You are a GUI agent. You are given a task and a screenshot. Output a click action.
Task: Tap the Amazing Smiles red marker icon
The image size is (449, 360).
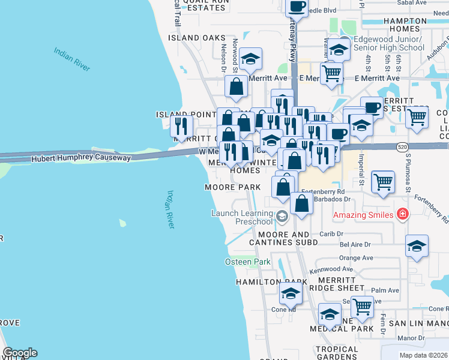click(x=403, y=214)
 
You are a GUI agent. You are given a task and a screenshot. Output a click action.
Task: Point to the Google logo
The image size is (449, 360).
click(x=20, y=353)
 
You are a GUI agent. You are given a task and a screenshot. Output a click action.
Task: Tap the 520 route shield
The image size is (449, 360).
click(x=403, y=146)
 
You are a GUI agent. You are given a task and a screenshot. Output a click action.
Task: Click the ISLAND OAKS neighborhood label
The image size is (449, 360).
click(x=196, y=38)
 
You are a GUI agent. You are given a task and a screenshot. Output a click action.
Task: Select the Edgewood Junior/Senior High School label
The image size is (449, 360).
click(x=389, y=43)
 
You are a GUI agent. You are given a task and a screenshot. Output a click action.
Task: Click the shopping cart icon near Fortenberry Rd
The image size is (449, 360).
click(x=383, y=181)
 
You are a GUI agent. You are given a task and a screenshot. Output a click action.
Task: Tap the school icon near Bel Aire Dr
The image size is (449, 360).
click(x=417, y=246)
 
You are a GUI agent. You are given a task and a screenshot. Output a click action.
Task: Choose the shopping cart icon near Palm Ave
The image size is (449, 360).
click(x=362, y=306)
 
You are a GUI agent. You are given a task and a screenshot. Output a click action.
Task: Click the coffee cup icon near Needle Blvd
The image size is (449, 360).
click(x=297, y=7)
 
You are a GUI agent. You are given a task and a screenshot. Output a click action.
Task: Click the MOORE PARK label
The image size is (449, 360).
click(x=233, y=187)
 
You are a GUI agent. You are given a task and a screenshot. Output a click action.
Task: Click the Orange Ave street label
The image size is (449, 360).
click(x=352, y=258)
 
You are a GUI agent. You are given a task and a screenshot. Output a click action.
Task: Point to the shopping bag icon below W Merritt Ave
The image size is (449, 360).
click(x=237, y=86)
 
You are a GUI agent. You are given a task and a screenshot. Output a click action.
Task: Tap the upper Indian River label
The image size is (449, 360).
click(x=71, y=59)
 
